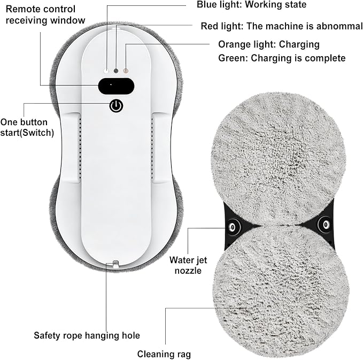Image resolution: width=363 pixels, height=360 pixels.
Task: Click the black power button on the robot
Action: tap(116, 106)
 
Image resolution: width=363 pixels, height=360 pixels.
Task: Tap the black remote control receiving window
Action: tap(116, 86)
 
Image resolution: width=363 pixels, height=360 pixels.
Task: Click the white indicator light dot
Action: tap(106, 71)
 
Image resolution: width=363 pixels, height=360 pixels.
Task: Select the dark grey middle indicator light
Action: tap(116, 71)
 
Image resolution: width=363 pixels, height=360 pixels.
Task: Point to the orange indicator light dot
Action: tap(126, 71)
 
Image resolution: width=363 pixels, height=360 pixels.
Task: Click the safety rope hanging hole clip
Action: tap(115, 264)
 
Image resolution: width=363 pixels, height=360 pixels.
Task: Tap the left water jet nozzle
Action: tap(232, 227)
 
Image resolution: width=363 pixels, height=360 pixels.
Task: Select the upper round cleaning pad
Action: tap(278, 160)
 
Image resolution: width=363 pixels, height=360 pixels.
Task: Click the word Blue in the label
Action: tap(206, 4)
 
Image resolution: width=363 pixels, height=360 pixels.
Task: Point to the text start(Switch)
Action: tap(27, 133)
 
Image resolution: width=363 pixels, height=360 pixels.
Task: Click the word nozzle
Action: tap(188, 271)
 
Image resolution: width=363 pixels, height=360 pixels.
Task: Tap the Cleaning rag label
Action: tap(164, 354)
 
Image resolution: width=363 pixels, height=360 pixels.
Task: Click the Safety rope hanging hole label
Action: tap(87, 336)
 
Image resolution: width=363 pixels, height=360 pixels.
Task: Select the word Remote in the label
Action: tap(20, 9)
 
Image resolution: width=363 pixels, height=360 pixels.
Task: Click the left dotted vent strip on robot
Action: tap(80, 148)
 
